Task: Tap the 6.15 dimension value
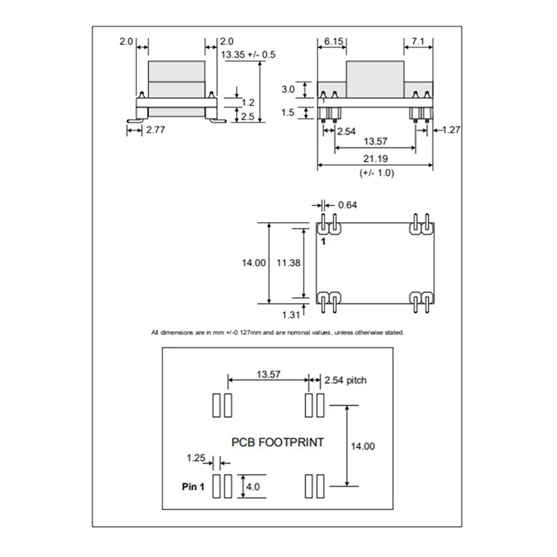coord(334,42)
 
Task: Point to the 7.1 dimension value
coord(418,42)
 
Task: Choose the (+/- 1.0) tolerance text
coord(377,173)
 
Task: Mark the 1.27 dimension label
coord(450,129)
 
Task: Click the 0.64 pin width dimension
coord(347,205)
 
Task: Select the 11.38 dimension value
coord(288,263)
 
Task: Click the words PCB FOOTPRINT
coord(277,442)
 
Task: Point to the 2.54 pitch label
coord(345,380)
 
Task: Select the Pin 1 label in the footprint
coord(193,487)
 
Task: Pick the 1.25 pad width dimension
coord(196,458)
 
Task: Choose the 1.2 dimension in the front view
coord(247,102)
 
